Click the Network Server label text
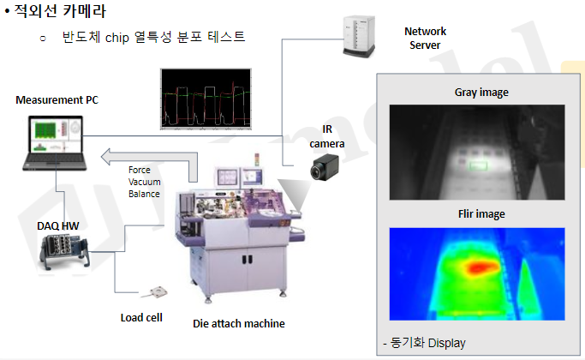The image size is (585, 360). pos(425,38)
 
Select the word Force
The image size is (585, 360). pos(140,170)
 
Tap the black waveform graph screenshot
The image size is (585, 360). pos(206,99)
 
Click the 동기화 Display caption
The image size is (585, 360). pos(426,343)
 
